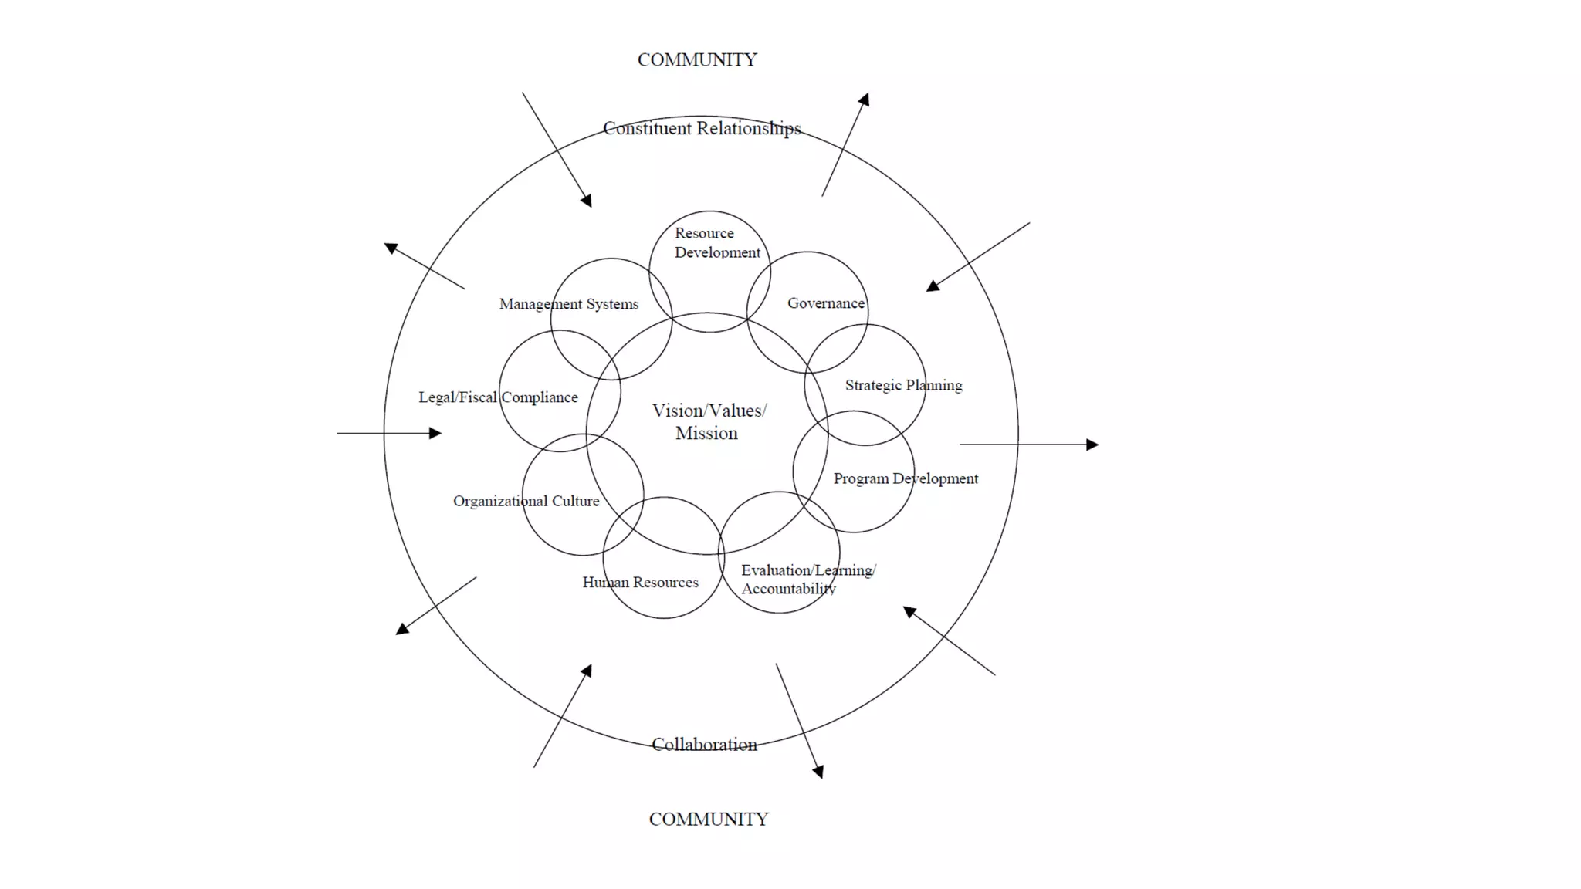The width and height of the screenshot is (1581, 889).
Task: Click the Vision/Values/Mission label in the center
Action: [709, 421]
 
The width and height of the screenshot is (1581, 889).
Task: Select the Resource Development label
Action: [716, 242]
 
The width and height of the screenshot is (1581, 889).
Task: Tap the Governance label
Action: [825, 303]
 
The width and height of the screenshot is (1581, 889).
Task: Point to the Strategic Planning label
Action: [903, 385]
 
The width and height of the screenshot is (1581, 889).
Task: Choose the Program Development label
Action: [905, 478]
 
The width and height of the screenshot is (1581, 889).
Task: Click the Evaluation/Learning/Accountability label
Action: [807, 579]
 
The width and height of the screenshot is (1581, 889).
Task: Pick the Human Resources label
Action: [640, 583]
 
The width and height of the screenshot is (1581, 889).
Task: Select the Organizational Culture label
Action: [526, 501]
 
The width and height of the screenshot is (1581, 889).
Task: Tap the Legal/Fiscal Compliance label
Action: [498, 397]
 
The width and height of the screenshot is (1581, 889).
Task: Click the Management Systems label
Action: [568, 304]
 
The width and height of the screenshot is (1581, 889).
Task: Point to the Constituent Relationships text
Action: [701, 128]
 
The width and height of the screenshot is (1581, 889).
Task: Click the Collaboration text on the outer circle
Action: [704, 745]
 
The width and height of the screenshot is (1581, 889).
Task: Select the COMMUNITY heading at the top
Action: [696, 60]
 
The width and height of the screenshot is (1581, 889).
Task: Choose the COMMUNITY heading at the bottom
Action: [708, 820]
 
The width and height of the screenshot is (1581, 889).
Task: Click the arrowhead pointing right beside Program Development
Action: [1092, 444]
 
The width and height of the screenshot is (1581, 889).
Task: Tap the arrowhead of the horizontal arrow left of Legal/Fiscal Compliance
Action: [435, 434]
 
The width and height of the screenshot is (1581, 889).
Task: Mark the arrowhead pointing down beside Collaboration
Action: [819, 772]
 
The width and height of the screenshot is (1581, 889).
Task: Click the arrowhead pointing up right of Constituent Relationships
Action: [865, 100]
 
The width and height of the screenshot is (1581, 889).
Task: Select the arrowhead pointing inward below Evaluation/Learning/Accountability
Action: [909, 612]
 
